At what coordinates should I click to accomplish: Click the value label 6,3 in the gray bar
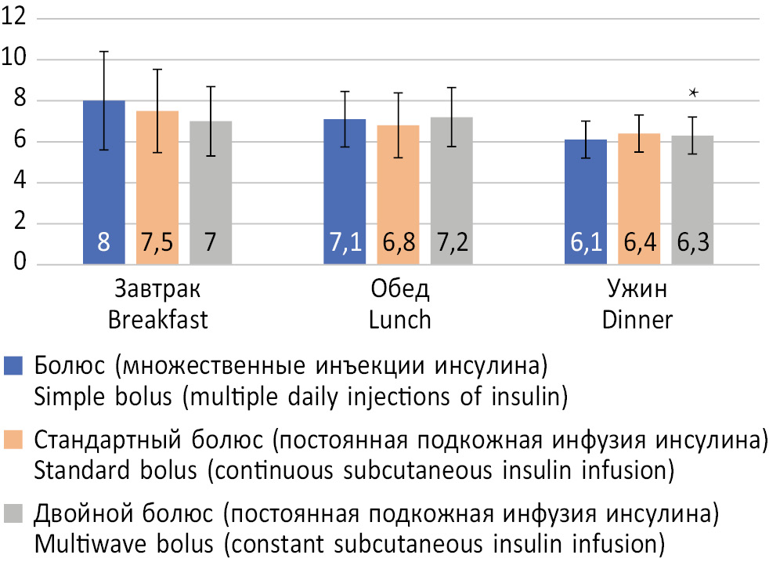693,244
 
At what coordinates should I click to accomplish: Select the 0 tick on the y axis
20,265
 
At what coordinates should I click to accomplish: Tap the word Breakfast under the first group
157,320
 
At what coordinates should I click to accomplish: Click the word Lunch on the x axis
399,320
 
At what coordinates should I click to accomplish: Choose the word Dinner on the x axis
639,320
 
